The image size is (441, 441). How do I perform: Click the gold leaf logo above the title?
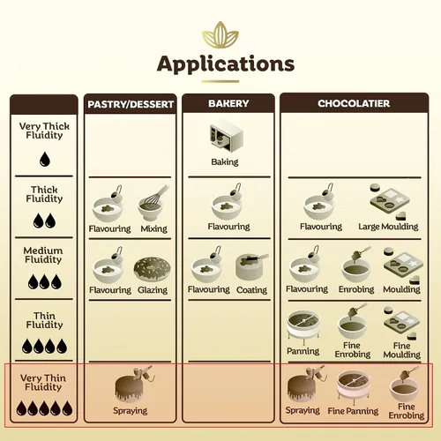[x=220, y=35]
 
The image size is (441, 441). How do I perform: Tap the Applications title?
[x=226, y=64]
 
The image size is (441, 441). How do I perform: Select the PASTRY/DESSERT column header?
[x=131, y=104]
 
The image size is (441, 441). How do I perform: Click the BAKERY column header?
[x=228, y=103]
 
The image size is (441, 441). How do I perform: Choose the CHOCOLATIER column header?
[x=354, y=103]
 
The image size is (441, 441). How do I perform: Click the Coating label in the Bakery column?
[x=251, y=290]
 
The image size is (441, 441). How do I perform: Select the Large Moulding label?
[x=388, y=227]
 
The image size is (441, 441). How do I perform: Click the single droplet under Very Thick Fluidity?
[x=45, y=159]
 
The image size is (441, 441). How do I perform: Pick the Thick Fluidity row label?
[x=44, y=194]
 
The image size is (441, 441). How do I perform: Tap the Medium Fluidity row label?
[x=43, y=255]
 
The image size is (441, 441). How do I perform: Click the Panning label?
[x=303, y=351]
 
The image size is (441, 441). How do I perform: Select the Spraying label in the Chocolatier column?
[x=303, y=410]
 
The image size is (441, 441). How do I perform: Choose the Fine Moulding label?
[x=401, y=350]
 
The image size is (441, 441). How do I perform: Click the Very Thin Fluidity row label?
[x=43, y=382]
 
